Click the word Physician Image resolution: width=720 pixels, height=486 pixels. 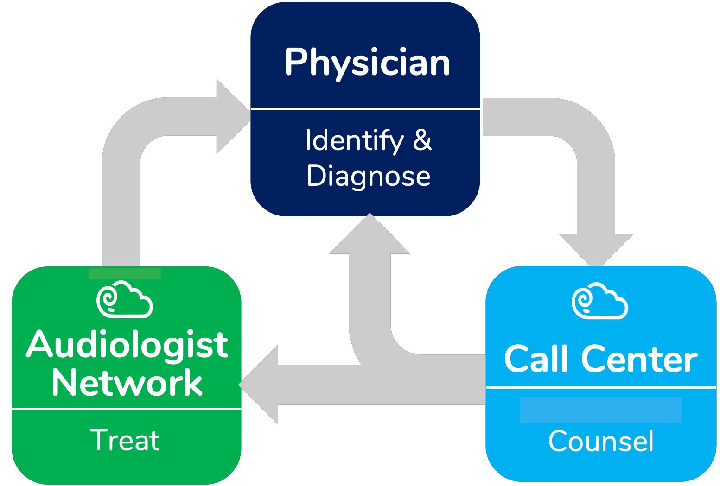pyautogui.click(x=367, y=63)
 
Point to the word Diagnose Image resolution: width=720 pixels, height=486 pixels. pyautogui.click(x=369, y=176)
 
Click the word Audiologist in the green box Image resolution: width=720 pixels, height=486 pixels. pyautogui.click(x=127, y=345)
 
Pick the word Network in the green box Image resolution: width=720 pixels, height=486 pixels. pyautogui.click(x=127, y=383)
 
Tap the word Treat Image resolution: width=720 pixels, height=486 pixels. pyautogui.click(x=125, y=440)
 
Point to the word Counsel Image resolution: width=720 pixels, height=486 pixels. pyautogui.click(x=601, y=441)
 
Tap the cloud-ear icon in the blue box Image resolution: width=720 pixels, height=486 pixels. pyautogui.click(x=600, y=301)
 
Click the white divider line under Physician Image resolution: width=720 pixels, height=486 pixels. pyautogui.click(x=365, y=109)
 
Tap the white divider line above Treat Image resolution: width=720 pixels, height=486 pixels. pyautogui.click(x=127, y=409)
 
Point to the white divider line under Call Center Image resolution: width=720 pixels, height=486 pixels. pyautogui.click(x=601, y=387)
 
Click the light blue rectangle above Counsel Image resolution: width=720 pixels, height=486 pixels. pyautogui.click(x=601, y=410)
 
